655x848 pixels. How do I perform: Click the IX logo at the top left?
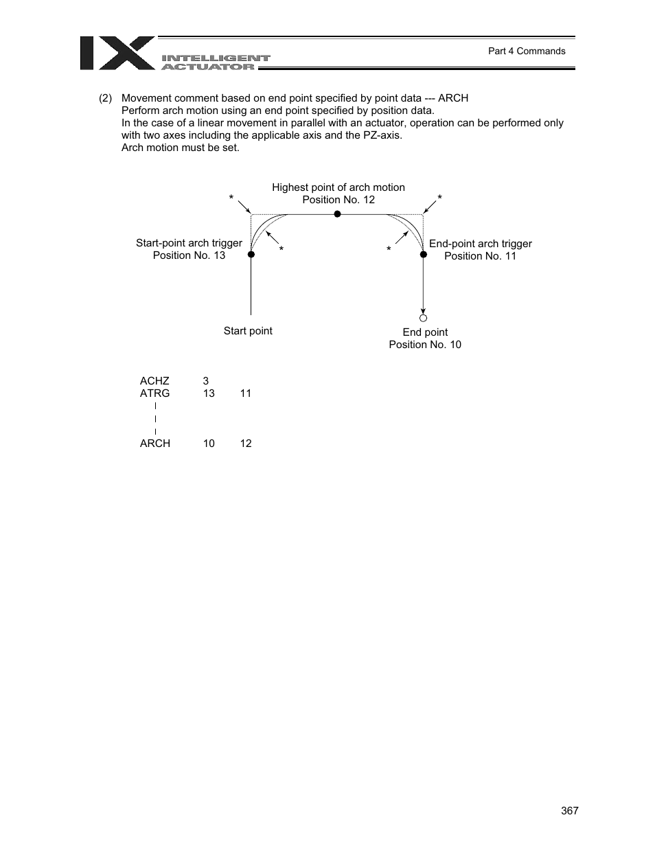coord(117,53)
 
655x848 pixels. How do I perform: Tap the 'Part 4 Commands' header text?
coord(526,51)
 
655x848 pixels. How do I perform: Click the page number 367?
coord(569,810)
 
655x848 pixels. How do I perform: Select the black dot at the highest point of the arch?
coord(337,214)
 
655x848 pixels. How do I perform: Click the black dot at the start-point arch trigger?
coord(251,254)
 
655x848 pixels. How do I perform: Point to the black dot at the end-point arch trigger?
coord(424,254)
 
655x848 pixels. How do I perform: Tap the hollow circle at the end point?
coord(424,318)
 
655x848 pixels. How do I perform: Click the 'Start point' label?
coord(248,331)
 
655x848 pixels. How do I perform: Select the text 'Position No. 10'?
coord(425,345)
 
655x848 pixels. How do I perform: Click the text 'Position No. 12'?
coord(338,200)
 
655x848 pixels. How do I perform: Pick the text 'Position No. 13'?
coord(189,255)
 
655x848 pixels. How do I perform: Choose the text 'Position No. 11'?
coord(480,256)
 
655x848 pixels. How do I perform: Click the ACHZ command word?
coord(154,381)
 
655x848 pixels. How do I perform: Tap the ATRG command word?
coord(154,393)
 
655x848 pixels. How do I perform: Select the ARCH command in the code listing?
coord(155,444)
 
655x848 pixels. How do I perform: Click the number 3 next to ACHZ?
coord(206,381)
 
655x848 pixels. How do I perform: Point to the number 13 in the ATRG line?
coord(209,393)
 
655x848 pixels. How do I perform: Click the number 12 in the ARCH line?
coord(246,444)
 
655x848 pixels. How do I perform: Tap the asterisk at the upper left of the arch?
coord(232,198)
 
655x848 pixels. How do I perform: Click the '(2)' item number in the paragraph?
coord(105,98)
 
